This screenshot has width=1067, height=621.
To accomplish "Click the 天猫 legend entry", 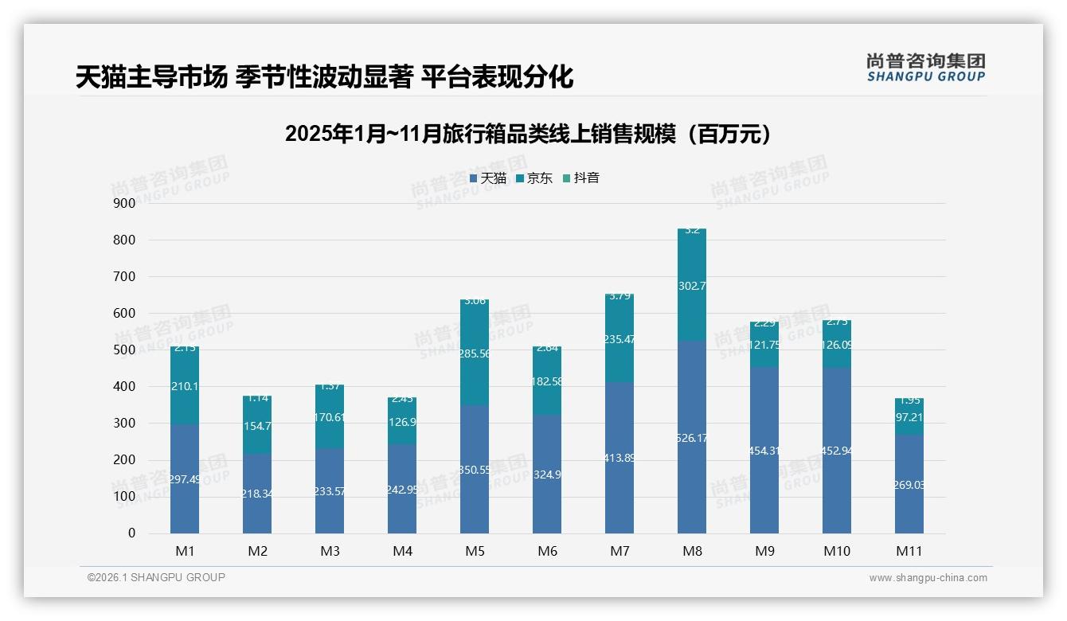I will point(488,178).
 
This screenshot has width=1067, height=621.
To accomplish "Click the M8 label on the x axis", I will point(692,551).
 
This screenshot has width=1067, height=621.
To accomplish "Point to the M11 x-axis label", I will point(909,551).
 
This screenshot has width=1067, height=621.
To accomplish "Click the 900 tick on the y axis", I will point(125,203).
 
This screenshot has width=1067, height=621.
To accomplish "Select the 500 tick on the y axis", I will point(125,350).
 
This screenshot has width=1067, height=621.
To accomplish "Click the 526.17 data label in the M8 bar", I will point(692,438).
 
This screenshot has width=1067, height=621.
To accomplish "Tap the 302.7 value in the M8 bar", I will point(692,286).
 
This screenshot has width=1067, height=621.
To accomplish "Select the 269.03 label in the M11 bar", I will point(909,485).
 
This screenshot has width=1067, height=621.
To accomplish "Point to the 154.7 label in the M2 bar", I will point(257,427).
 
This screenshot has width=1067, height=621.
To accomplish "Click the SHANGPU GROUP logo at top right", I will point(925,68).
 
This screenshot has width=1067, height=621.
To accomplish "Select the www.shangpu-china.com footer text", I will point(928,578).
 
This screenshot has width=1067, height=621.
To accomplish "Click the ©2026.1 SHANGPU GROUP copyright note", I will point(156,577).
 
